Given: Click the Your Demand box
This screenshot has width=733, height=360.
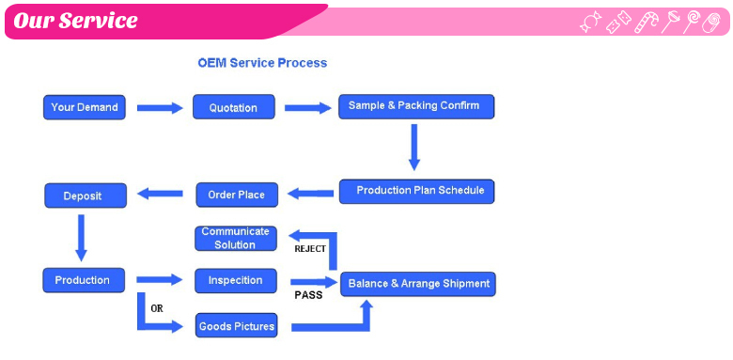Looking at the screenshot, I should [x=85, y=107].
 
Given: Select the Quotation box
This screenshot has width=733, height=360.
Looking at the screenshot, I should [x=234, y=107].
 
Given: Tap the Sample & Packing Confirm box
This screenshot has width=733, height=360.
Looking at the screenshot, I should [x=415, y=106].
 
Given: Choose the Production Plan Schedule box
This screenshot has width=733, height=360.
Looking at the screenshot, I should [x=416, y=191].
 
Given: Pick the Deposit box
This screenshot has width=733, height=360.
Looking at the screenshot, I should [x=86, y=196].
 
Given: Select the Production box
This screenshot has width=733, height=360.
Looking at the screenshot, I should [x=84, y=280].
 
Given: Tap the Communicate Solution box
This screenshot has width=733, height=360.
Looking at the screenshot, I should [x=236, y=238].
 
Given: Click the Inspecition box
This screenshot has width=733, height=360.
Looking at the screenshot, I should [x=236, y=280].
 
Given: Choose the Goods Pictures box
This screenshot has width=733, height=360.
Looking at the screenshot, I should [x=236, y=326].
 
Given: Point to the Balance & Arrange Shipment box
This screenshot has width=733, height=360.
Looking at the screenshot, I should [x=417, y=284].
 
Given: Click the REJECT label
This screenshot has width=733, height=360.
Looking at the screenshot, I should [x=310, y=249].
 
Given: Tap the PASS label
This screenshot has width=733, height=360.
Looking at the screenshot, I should [x=308, y=295].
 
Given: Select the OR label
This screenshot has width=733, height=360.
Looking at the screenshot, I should [x=157, y=308].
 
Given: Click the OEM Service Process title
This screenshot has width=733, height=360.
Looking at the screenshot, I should [x=262, y=63].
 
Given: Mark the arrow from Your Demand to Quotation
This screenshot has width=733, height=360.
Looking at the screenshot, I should [x=160, y=108].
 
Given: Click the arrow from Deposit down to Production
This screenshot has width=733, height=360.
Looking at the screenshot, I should [x=81, y=237].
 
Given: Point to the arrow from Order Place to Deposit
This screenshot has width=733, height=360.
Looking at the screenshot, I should [x=160, y=195].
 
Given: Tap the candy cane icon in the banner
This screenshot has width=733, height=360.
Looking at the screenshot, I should [x=647, y=22].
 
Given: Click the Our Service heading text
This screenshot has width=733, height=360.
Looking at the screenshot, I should [x=75, y=21].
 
